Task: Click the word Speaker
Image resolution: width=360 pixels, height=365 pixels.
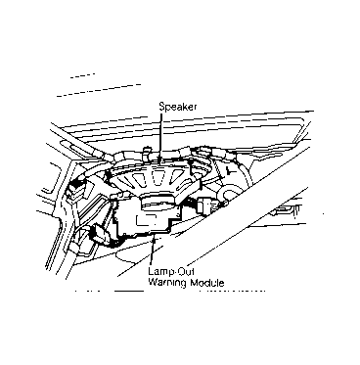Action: coord(178,107)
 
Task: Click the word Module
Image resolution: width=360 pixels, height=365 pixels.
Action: coord(207,282)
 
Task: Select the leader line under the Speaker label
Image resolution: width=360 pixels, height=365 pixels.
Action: coord(160,135)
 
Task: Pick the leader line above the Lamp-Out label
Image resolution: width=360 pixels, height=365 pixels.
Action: coord(152,252)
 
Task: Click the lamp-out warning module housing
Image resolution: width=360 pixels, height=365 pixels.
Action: coord(144,218)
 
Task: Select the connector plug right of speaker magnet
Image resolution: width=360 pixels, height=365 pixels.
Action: coord(205,206)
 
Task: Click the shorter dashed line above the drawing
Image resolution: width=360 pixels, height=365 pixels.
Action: coord(82,75)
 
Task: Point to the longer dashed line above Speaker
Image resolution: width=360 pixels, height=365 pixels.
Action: coord(99,90)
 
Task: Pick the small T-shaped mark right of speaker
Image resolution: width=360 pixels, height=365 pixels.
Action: coord(231,169)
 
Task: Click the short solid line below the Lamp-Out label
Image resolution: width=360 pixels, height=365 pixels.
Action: coord(128,291)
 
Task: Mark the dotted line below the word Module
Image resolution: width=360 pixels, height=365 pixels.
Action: coord(232,290)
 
